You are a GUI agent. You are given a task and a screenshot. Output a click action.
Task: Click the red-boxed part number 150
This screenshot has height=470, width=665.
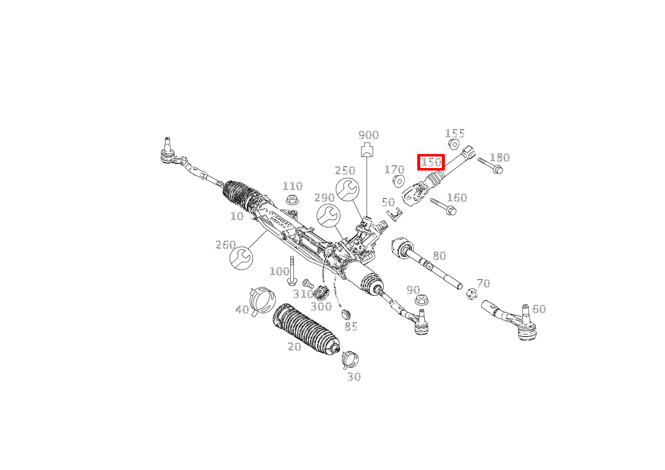pos(431,162)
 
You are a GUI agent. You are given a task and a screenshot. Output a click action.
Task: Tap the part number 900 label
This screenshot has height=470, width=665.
pos(369,135)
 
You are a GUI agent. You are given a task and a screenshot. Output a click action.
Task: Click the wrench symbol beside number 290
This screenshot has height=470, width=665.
pos(328,216)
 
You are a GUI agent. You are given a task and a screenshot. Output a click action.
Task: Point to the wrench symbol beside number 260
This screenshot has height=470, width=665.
pos(241,258)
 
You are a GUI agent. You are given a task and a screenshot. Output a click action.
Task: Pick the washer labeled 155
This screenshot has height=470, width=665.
pos(454,145)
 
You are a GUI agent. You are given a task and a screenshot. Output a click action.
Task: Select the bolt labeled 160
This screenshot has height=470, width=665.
pos(443,207)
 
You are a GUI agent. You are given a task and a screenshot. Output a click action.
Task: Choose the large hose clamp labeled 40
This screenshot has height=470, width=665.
pos(262,299)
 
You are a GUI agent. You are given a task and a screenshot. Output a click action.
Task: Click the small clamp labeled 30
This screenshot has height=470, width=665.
pos(350,360)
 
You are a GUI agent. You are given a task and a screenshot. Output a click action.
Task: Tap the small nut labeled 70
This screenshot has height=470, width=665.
pos(471,293)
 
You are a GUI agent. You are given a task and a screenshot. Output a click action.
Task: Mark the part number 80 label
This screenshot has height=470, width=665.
pos(439,256)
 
